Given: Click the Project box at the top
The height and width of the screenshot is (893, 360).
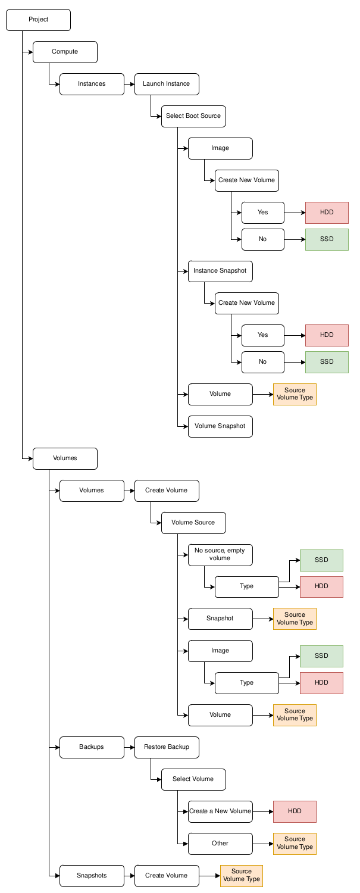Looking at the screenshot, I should (38, 20).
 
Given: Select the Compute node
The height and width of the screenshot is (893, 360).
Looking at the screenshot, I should (65, 52).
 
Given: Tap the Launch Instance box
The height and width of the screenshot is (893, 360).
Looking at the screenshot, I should (167, 84).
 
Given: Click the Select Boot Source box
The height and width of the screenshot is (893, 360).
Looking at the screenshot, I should (193, 116).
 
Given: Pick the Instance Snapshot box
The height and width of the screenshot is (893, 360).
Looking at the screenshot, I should (220, 271).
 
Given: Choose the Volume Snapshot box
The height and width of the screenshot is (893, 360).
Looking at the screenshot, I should (220, 426).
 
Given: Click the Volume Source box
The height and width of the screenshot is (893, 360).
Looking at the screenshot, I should (193, 523).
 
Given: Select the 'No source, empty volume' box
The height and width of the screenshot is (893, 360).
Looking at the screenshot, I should (220, 554).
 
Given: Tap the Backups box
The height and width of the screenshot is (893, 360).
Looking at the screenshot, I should (92, 747).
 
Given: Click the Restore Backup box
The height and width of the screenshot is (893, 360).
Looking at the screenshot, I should (167, 747).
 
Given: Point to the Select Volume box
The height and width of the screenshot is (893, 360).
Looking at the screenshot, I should (193, 779).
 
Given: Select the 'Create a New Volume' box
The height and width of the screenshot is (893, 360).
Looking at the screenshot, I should (220, 811).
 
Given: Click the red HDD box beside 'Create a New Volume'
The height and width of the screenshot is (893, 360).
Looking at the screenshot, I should (295, 811).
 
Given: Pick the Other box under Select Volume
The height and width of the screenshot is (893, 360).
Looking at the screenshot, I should (220, 844).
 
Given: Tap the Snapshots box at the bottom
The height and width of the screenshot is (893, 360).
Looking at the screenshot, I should (92, 876).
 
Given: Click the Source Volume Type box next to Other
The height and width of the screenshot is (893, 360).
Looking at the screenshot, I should (295, 844).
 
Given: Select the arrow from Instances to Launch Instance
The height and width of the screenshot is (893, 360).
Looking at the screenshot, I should (129, 84).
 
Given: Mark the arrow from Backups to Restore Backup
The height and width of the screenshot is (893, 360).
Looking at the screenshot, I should (129, 747).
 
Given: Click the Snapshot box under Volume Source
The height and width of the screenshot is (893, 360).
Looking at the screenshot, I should (220, 619).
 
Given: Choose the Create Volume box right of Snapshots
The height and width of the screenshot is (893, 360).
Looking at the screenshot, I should (167, 876).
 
